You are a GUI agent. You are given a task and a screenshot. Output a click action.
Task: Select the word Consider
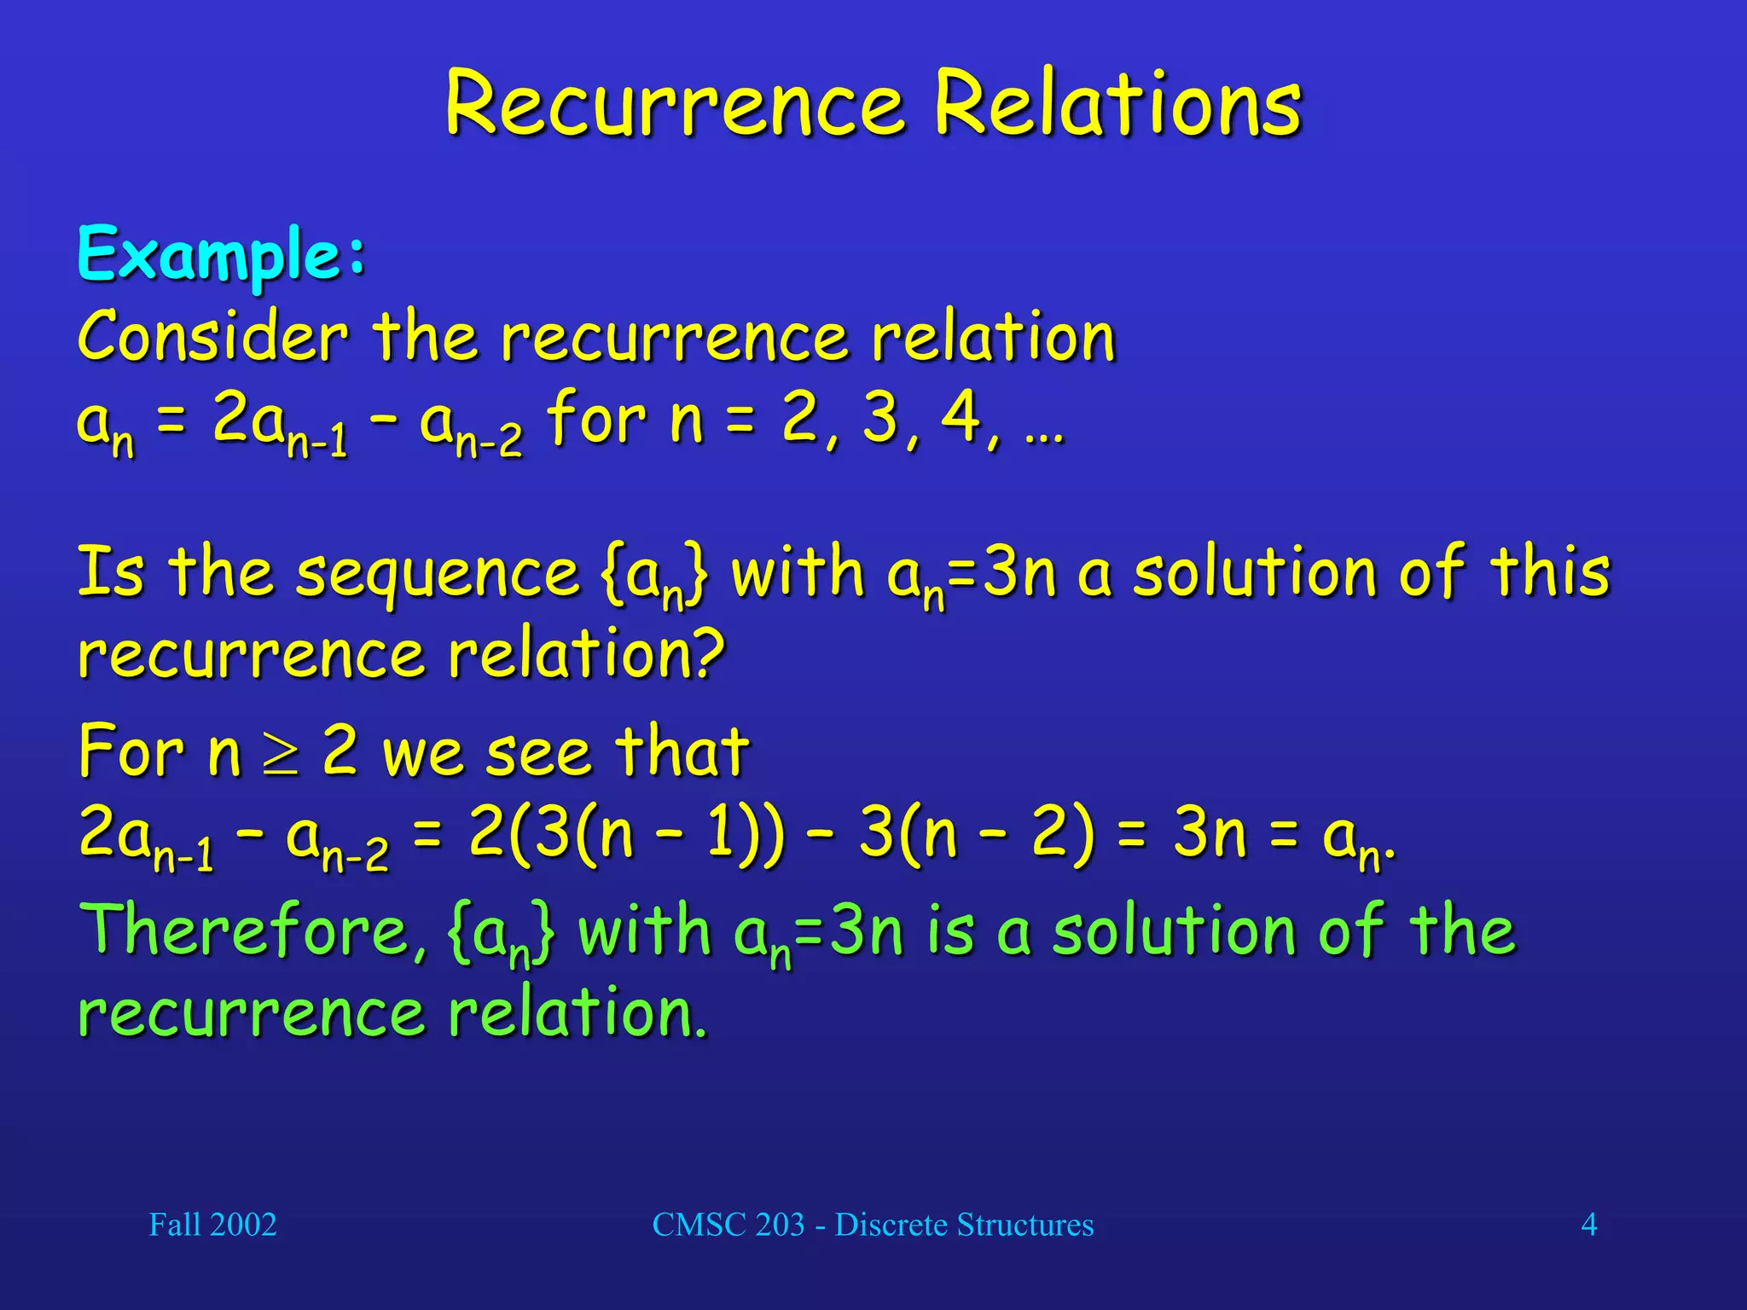click(x=213, y=337)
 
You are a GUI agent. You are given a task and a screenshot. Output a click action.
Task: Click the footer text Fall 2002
click(x=212, y=1225)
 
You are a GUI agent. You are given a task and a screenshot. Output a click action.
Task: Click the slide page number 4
click(x=1588, y=1225)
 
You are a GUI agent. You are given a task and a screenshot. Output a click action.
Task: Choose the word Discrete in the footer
click(x=891, y=1225)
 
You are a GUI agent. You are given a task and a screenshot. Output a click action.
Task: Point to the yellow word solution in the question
click(x=1254, y=573)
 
